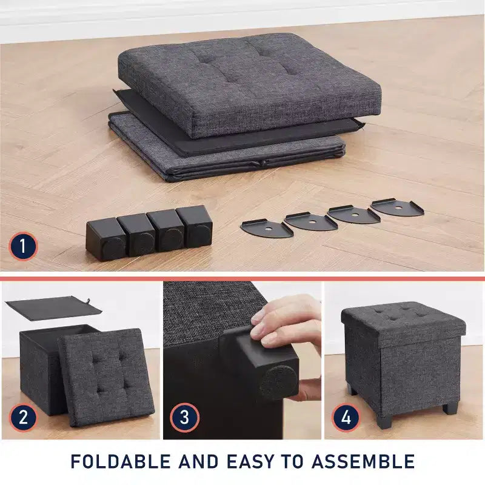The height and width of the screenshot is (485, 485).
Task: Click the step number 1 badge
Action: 23,247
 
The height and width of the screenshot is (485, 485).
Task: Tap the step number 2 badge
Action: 23,417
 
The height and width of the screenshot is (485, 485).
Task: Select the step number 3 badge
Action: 184,418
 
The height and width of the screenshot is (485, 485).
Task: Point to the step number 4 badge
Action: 346,418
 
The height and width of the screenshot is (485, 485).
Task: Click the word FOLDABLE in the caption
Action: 121,461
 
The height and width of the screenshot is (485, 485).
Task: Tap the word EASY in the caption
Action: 251,461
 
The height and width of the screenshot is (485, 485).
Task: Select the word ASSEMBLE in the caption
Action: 363,461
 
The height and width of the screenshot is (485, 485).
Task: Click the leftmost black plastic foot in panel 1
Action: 106,238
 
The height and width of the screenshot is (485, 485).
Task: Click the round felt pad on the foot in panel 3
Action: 279,382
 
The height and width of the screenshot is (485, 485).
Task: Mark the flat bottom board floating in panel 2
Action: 53,308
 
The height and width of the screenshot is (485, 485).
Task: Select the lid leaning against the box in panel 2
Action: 105,377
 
